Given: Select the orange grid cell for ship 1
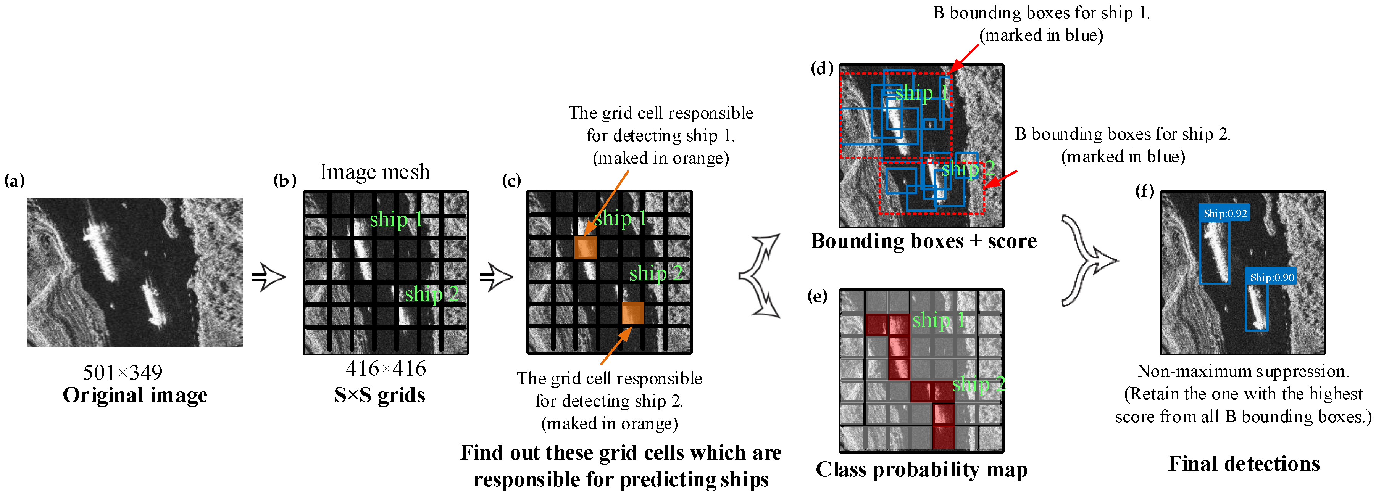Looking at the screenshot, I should tap(586, 248).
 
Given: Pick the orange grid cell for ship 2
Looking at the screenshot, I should tap(632, 313).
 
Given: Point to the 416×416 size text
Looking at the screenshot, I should tap(386, 368).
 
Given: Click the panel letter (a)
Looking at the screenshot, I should tap(15, 181).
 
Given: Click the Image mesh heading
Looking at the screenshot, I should tap(374, 172).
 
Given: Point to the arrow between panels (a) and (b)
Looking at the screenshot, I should tap(269, 277).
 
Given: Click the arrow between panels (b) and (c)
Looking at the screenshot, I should tap(496, 277).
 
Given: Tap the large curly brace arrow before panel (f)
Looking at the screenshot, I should tap(1087, 261).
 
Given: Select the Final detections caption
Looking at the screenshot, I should tap(1244, 463).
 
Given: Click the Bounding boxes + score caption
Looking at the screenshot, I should tap(924, 241).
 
